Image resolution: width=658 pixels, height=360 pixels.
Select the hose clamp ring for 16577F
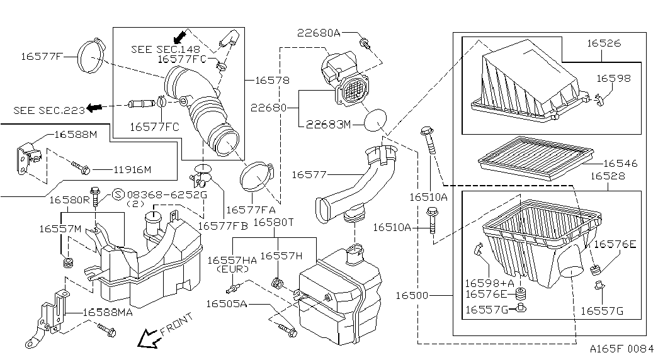79,57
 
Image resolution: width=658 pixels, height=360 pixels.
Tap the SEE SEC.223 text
49,110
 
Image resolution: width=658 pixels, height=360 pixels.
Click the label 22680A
319,33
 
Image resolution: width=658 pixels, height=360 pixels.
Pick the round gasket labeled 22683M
375,121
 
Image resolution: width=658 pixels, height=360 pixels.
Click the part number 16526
603,43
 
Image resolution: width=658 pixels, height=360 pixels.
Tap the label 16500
412,296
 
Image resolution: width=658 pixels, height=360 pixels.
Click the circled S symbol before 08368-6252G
119,194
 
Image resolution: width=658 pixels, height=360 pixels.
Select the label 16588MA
108,312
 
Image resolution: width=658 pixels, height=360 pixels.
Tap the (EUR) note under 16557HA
232,269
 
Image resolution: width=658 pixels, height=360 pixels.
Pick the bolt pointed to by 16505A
288,330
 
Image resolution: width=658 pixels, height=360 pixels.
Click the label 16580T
274,222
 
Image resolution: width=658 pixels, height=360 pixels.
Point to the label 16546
620,163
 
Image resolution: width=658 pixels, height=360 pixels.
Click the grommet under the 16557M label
67,263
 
